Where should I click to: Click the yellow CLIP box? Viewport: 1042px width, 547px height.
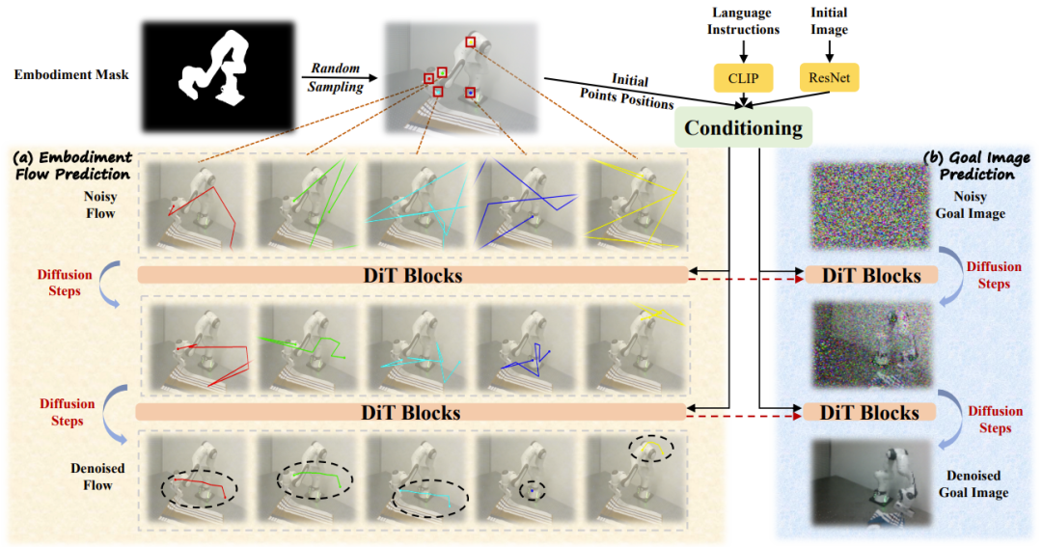[743, 78]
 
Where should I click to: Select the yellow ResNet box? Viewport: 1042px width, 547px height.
[829, 78]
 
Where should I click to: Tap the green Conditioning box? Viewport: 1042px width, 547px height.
[744, 127]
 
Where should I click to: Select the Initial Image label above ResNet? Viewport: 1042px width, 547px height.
[829, 21]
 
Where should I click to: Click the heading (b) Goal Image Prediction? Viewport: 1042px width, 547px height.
[975, 166]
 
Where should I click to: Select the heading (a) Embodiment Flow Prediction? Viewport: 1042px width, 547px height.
[71, 165]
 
